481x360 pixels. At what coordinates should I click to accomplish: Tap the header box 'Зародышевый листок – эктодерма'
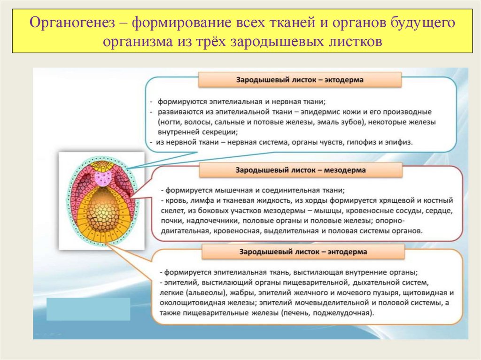[x=299, y=80]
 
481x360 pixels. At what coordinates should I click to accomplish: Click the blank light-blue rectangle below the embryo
[x=88, y=309]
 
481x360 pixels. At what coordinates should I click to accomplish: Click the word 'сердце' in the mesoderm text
[x=441, y=210]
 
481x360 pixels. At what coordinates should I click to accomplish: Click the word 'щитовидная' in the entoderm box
[x=422, y=293]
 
